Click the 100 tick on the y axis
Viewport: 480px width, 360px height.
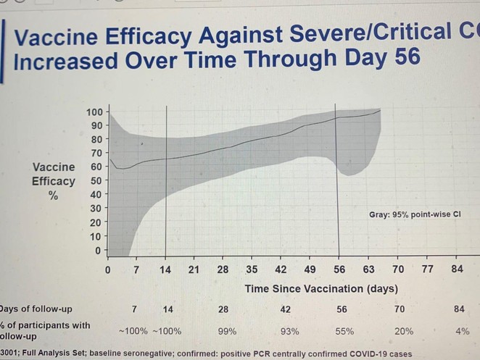point(94,112)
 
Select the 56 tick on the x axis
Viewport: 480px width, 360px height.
point(339,269)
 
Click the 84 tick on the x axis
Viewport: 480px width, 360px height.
point(456,269)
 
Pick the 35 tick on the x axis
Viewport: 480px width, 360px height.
point(252,269)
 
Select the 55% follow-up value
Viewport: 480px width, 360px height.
point(344,331)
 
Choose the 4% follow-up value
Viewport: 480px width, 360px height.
point(462,331)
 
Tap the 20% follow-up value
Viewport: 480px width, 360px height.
point(403,331)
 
